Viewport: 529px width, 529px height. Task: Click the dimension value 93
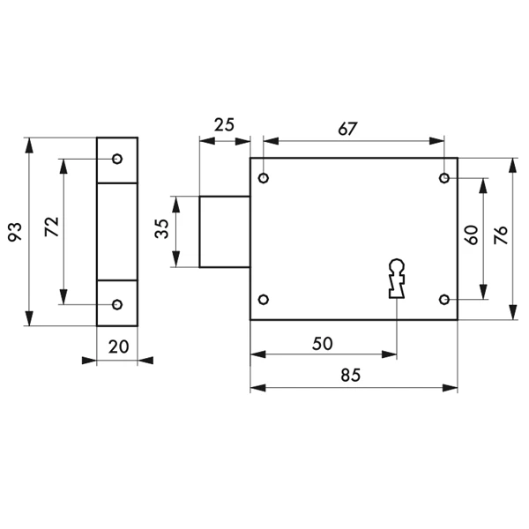[15, 231]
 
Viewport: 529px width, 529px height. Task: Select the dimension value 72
[52, 227]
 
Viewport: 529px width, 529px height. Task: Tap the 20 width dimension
[118, 346]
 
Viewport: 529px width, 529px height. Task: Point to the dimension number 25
[224, 125]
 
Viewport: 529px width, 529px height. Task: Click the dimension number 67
[347, 129]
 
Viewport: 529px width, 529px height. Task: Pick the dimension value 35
[161, 228]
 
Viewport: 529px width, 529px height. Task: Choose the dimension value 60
[472, 235]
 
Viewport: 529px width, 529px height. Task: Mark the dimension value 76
[500, 235]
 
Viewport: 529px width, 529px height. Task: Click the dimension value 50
[323, 344]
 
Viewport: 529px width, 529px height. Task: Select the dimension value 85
[351, 376]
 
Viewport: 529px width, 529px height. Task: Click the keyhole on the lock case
[397, 279]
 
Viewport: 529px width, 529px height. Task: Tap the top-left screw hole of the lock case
[264, 178]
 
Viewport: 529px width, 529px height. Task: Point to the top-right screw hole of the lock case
[444, 178]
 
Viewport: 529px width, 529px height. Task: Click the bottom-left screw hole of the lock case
[264, 299]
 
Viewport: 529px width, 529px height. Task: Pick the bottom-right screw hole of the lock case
[444, 299]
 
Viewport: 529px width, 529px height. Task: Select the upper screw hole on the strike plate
[117, 159]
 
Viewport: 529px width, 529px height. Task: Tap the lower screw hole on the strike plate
[117, 304]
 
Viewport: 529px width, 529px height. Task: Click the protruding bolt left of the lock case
[225, 232]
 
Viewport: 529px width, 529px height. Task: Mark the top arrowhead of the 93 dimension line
[29, 145]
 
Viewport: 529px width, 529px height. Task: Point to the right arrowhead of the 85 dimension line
[450, 388]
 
